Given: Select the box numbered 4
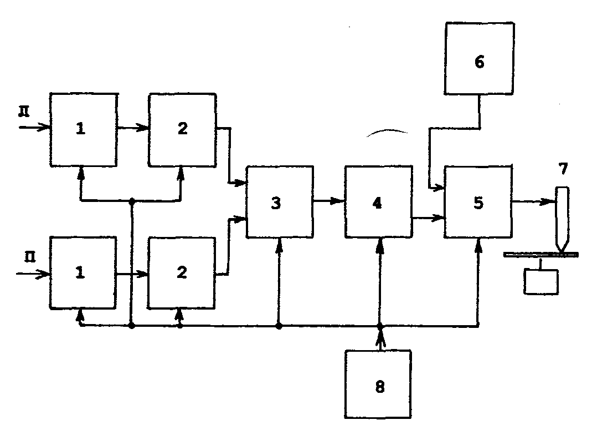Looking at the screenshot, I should [x=378, y=202].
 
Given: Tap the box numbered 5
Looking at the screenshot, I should [x=477, y=202].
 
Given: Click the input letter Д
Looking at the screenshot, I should [x=23, y=112].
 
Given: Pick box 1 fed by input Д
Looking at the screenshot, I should [x=84, y=129].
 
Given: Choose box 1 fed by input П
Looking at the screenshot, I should [x=84, y=274].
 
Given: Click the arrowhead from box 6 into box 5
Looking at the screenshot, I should [x=439, y=189].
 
